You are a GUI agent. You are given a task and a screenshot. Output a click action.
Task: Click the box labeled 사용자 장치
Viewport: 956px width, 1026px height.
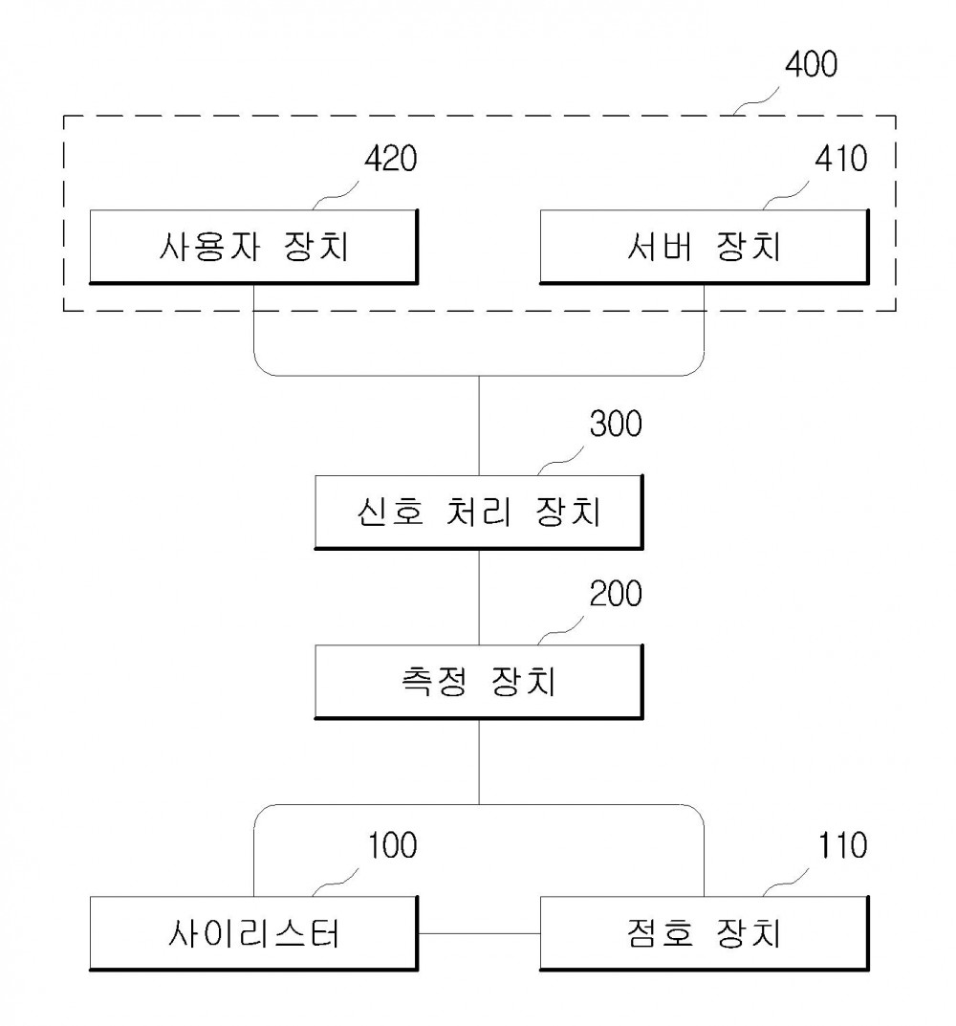coord(253,247)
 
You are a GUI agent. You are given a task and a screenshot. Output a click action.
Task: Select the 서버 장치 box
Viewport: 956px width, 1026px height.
coord(704,247)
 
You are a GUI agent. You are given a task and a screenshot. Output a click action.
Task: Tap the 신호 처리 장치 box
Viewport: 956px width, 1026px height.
coord(479,512)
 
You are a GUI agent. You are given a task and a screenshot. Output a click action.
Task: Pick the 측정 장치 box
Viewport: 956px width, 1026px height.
coord(479,682)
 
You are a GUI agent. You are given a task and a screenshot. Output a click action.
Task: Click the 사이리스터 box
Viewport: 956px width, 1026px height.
coord(253,933)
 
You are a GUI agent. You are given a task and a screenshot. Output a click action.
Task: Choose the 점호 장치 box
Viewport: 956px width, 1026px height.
coord(704,933)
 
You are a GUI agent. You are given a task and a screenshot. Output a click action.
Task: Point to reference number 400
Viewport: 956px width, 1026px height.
coord(811,65)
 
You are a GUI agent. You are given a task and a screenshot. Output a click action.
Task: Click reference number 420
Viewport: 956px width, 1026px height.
coord(391,159)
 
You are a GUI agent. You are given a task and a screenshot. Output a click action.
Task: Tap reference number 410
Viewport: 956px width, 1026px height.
coord(841,159)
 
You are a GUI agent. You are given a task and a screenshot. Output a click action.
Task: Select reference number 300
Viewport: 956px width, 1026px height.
coord(616,424)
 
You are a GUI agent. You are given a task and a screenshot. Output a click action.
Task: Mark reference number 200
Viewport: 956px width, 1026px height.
coord(616,594)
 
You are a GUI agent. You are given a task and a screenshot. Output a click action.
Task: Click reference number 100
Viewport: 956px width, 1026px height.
coord(392,845)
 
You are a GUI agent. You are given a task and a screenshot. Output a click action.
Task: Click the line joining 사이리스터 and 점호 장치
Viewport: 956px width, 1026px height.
coord(479,934)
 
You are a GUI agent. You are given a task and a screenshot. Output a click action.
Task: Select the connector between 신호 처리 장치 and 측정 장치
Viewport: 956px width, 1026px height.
coord(479,598)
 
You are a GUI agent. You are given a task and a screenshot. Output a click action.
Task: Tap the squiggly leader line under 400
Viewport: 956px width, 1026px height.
coord(756,102)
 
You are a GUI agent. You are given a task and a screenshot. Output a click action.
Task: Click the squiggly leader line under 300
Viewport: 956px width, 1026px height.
coord(561,461)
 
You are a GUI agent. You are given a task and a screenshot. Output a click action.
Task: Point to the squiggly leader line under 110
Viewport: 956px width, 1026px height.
coord(786,883)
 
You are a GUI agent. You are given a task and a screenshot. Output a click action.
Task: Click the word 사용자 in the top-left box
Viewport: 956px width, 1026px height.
coord(209,247)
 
